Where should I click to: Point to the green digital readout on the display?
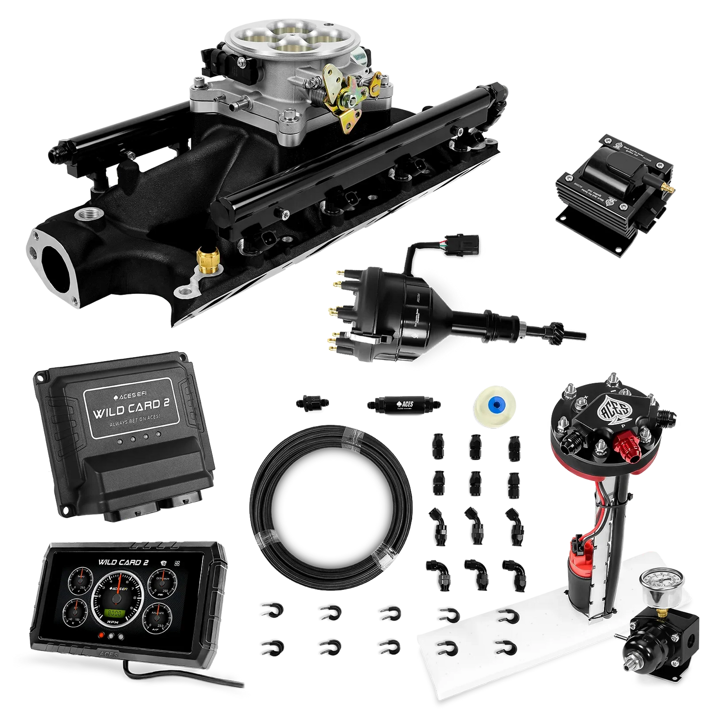[x=116, y=613]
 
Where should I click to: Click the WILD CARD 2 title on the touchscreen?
[x=123, y=562]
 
